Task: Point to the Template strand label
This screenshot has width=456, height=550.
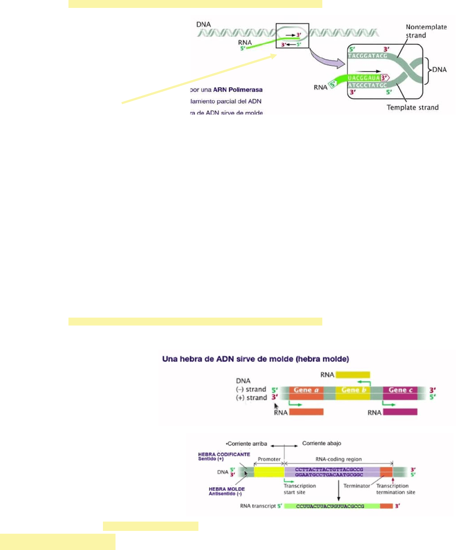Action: point(413,108)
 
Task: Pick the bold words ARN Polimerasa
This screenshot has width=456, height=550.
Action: point(236,89)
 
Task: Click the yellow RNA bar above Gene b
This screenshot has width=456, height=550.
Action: point(353,374)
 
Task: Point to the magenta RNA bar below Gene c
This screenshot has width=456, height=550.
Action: point(400,412)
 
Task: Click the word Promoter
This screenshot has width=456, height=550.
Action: point(270,459)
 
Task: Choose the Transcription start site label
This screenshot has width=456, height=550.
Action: point(299,489)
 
